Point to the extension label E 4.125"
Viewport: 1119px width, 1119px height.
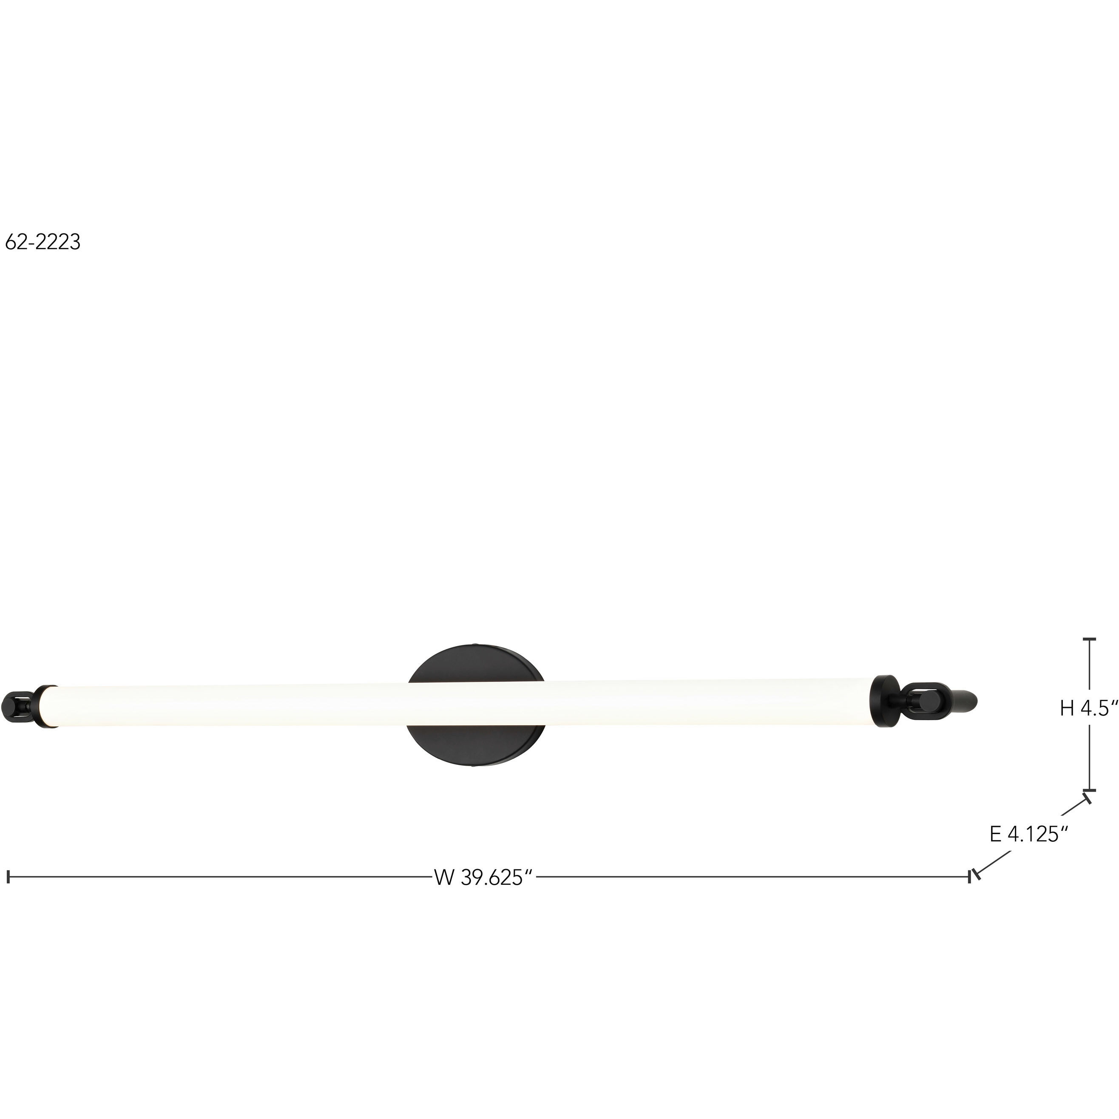pos(1028,834)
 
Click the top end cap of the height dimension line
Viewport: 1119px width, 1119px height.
pos(1090,639)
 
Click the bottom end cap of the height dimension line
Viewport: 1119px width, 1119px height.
pos(1090,790)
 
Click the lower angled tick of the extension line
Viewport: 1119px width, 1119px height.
pos(977,875)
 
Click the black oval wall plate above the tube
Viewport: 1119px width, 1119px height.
pos(475,663)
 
